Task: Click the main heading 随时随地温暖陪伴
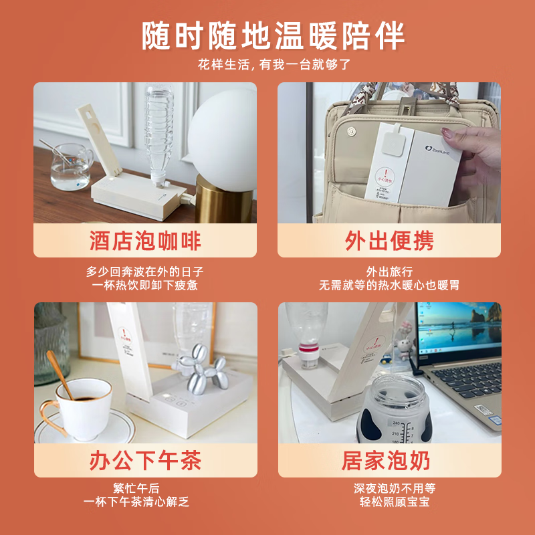coord(267,35)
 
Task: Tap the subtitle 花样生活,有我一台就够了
coord(267,66)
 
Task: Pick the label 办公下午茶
coord(145,461)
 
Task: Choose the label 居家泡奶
coord(389,461)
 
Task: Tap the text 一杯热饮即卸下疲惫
coord(145,286)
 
